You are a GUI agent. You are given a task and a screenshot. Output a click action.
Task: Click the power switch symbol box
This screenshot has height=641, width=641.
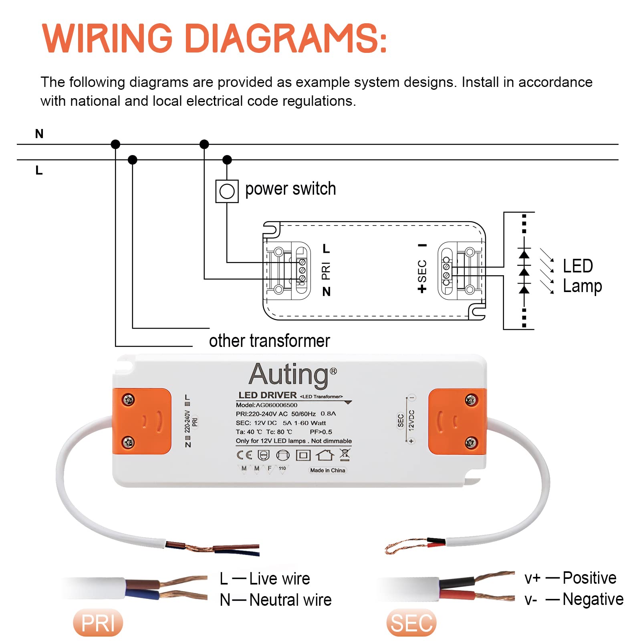[x=227, y=191]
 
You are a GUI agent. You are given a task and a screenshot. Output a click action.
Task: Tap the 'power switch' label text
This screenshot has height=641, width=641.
[x=290, y=189]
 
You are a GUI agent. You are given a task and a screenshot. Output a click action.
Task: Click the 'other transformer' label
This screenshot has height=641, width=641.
[x=269, y=341]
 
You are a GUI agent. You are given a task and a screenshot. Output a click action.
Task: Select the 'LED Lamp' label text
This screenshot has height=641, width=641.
[x=582, y=276]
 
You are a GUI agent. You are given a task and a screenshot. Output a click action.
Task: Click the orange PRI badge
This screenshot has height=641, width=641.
[x=98, y=623]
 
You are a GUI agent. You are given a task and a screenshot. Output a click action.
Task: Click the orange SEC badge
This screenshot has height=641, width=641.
[x=411, y=623]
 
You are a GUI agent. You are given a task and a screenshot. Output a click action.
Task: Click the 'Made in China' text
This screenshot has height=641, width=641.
[x=327, y=470]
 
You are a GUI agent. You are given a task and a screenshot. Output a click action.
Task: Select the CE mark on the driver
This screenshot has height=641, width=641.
[x=244, y=455]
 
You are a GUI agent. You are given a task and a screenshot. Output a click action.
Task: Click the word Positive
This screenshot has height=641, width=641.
[x=589, y=578]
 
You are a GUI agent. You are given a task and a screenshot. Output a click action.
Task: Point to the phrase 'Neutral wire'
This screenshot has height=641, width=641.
[x=290, y=600]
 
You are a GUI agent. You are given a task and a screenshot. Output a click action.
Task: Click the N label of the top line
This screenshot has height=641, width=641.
[x=39, y=134]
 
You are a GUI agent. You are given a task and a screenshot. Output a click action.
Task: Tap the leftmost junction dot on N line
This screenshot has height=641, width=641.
[x=115, y=144]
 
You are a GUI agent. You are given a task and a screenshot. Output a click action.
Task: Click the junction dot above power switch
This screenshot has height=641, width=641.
[x=227, y=160]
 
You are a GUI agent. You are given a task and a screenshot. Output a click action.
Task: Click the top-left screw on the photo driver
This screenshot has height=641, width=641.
[x=128, y=399]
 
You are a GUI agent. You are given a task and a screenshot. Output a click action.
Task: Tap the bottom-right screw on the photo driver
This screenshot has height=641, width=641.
[x=470, y=443]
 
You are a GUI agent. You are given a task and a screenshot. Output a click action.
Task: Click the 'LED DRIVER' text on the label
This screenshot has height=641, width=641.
[x=267, y=395]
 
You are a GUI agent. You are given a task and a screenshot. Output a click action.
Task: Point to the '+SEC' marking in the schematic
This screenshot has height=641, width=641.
[x=422, y=276]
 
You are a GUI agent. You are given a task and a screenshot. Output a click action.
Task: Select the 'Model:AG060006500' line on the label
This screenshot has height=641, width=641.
[x=266, y=405]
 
